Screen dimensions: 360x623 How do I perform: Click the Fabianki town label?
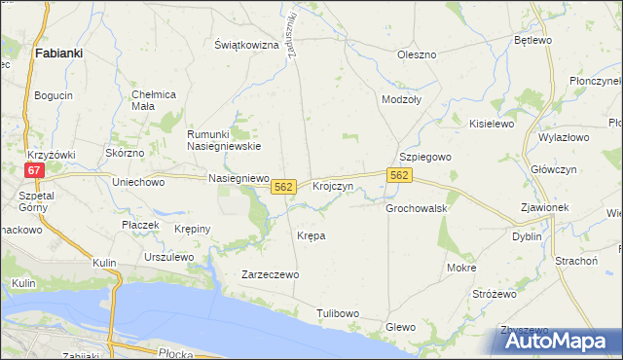tap(57, 54)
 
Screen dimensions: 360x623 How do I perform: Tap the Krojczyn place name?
tap(332, 186)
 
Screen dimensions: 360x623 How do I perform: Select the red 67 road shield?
tap(34, 170)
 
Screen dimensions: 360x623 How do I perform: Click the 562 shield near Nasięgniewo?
tap(283, 186)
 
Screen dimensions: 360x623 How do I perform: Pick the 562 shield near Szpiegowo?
tap(400, 175)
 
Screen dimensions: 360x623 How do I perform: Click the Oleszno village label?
tap(417, 54)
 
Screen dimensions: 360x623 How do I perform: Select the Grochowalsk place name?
tap(416, 208)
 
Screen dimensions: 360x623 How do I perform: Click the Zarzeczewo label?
tap(271, 275)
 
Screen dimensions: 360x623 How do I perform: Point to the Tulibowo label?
tap(338, 313)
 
